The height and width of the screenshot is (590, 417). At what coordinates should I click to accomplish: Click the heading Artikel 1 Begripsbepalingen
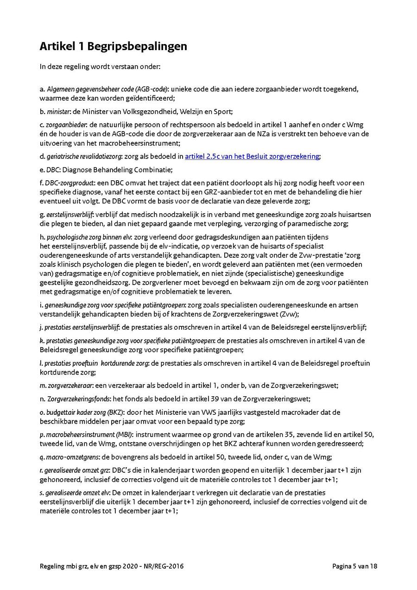(x=114, y=46)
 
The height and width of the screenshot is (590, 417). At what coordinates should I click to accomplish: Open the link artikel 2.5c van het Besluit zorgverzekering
(x=252, y=157)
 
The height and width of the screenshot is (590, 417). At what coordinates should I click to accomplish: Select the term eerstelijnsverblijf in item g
(x=69, y=215)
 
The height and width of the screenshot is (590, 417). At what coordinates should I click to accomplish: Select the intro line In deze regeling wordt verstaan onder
(x=100, y=66)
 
